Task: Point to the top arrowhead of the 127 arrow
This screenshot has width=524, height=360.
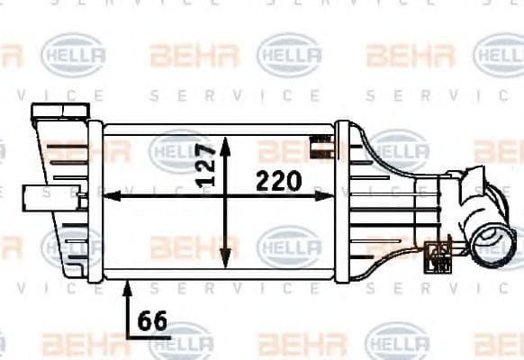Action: click(x=225, y=142)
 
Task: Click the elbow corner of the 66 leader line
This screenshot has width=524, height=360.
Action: click(x=128, y=334)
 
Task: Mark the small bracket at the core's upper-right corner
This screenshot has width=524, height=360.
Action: click(x=318, y=144)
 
